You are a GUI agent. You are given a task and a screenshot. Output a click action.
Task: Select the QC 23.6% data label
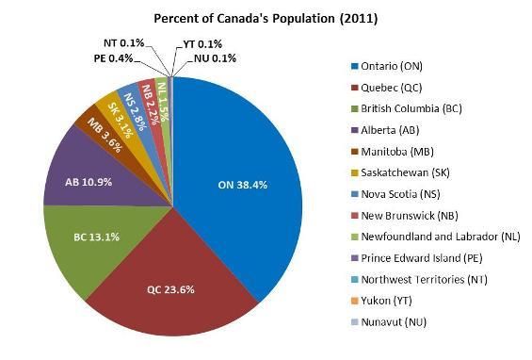(172, 288)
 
